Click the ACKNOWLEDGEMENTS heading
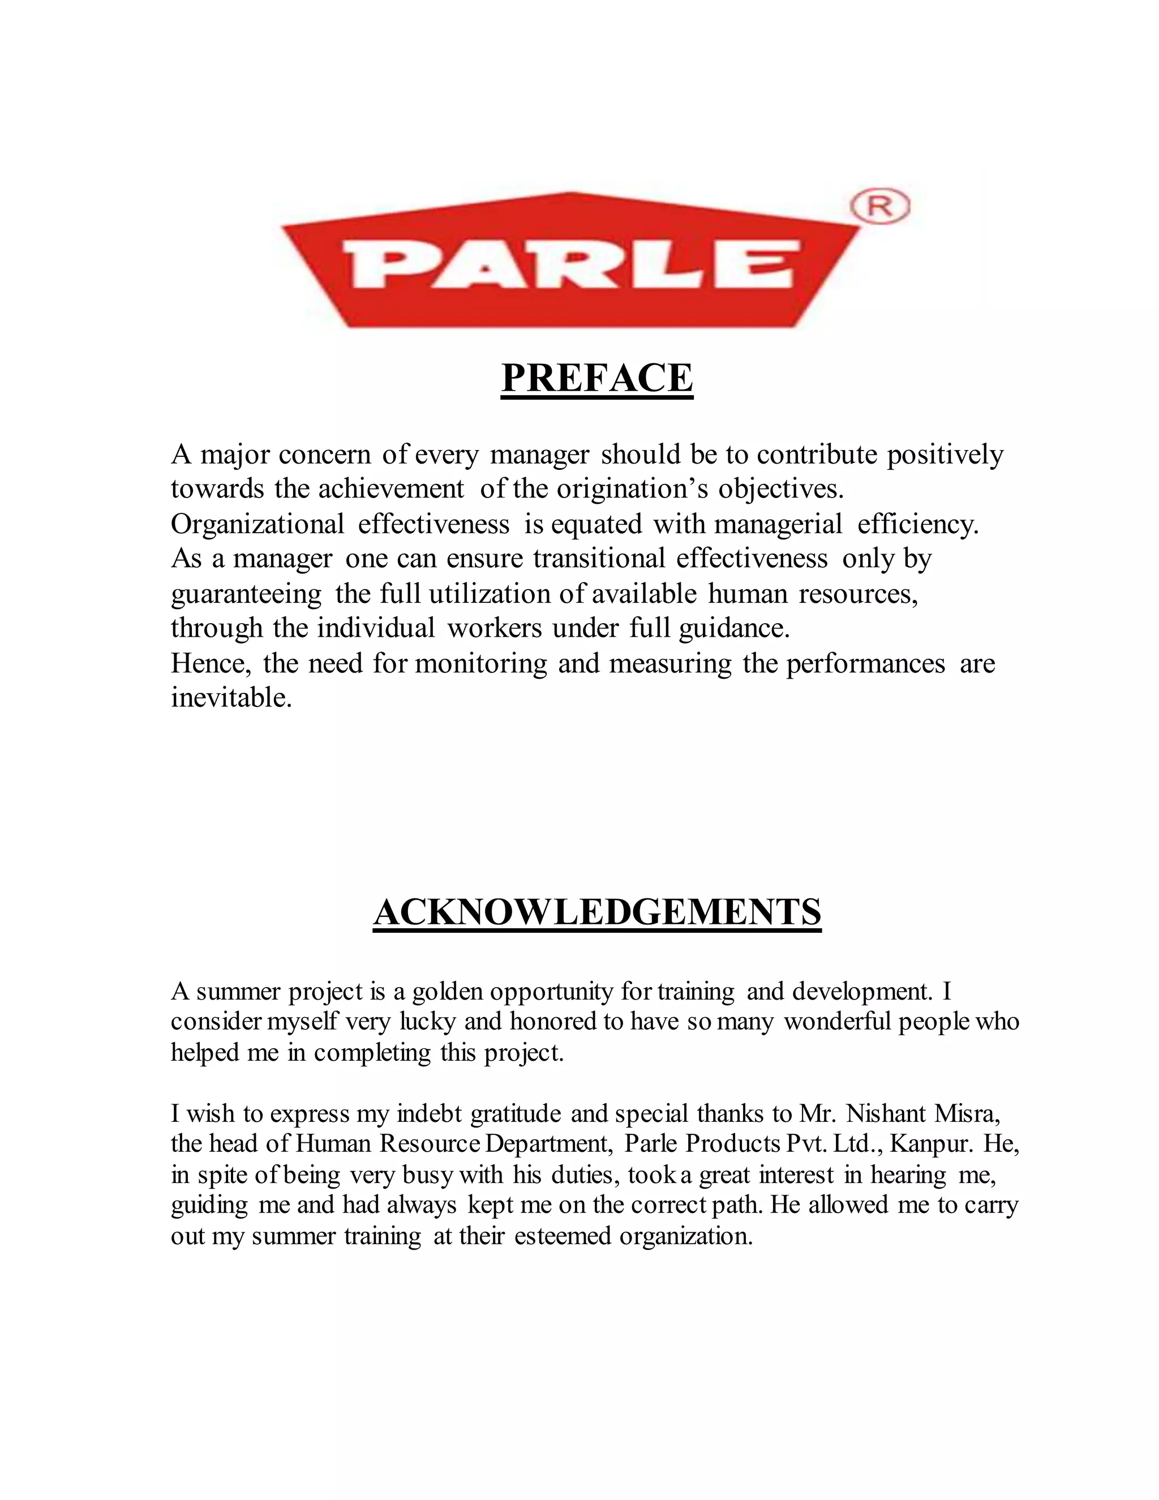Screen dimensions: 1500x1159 click(596, 913)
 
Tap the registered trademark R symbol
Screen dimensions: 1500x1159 click(880, 207)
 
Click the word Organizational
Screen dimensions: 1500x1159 click(257, 524)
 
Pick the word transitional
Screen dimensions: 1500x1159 click(599, 558)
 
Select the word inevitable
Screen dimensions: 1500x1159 click(231, 698)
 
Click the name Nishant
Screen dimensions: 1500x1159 click(888, 1113)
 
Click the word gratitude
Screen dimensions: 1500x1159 click(515, 1113)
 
